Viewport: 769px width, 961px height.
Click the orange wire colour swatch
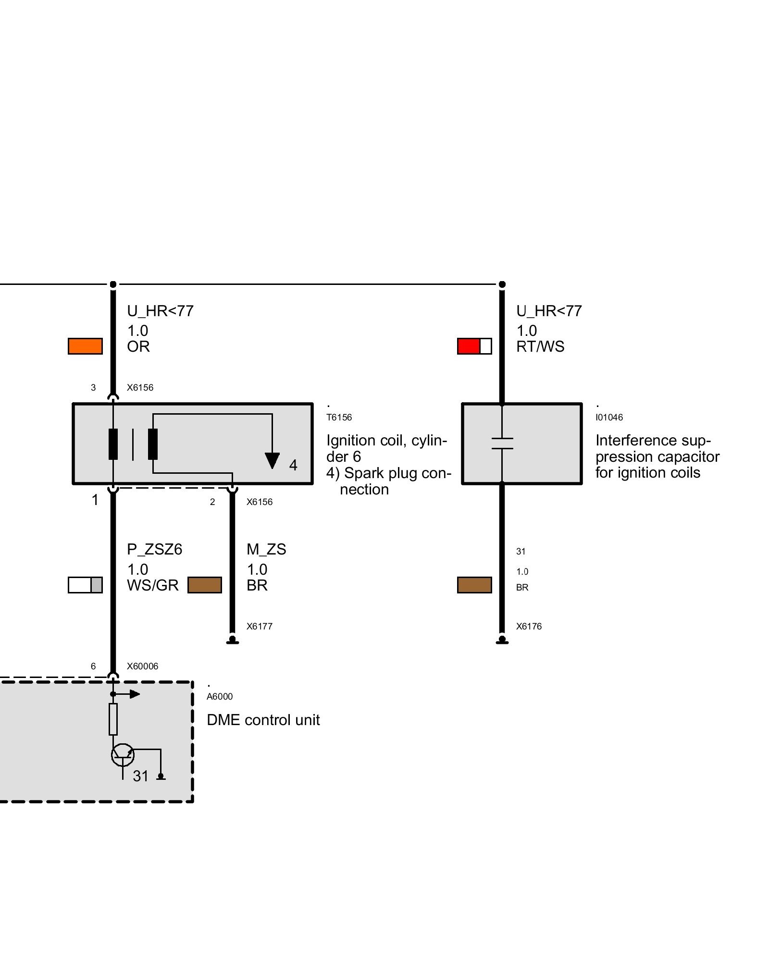click(x=85, y=346)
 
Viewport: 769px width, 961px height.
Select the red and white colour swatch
click(x=474, y=346)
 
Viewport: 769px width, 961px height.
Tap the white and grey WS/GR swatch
click(x=85, y=585)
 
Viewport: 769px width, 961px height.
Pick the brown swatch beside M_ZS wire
click(x=205, y=585)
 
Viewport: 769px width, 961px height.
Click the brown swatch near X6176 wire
click(x=474, y=585)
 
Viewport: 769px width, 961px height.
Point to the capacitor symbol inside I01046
click(x=502, y=443)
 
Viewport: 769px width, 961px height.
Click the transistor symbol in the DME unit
click(x=123, y=755)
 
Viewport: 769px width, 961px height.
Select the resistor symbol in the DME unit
click(x=113, y=719)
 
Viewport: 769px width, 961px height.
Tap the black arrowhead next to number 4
click(x=272, y=460)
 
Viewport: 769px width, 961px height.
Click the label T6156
click(x=339, y=418)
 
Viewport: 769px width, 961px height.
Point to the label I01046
click(x=609, y=418)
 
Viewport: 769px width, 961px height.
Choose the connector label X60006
click(x=142, y=666)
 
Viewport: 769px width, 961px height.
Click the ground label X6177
click(x=260, y=627)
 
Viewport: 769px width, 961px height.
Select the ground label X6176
click(x=529, y=627)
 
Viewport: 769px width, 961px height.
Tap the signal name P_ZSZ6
click(x=155, y=549)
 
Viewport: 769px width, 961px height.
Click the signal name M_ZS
click(x=266, y=549)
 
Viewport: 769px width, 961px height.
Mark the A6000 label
click(x=220, y=697)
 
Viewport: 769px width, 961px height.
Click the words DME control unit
click(x=263, y=720)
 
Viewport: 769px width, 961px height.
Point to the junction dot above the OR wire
click(x=113, y=284)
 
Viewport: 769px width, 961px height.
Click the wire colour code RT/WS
click(x=540, y=346)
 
